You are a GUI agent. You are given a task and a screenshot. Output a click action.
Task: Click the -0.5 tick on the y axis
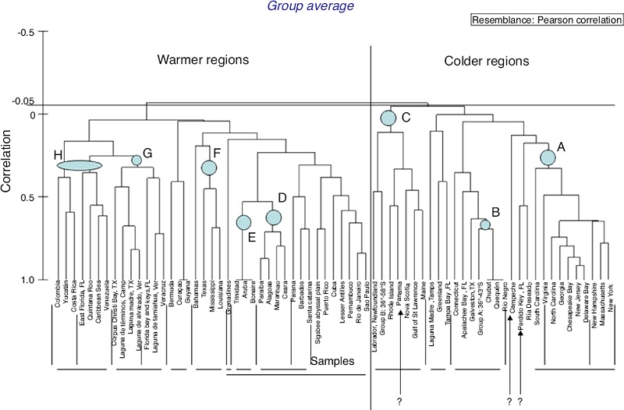[27, 32]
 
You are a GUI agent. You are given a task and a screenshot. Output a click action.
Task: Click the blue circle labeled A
[548, 157]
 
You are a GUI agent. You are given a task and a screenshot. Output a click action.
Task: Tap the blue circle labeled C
[388, 118]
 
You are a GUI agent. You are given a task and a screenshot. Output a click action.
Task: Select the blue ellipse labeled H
[80, 164]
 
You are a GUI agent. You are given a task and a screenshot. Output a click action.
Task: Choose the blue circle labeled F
[209, 168]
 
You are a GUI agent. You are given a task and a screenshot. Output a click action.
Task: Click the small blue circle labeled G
[136, 160]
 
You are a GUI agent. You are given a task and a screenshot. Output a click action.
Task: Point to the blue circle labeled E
[243, 222]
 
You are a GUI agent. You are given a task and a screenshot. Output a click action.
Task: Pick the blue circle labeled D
[273, 217]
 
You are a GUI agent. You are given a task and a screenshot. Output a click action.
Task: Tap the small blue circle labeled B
[485, 224]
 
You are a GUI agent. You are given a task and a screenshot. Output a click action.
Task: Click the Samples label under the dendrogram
[333, 362]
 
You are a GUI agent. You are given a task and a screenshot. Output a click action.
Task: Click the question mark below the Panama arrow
[399, 400]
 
